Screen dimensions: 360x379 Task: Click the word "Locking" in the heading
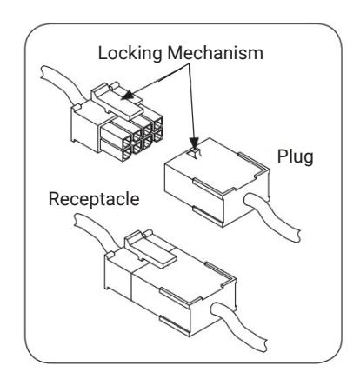click(x=130, y=54)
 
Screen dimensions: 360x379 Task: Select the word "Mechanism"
click(x=216, y=53)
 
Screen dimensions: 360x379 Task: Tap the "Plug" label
click(x=295, y=156)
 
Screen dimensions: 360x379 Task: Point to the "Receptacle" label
click(x=94, y=200)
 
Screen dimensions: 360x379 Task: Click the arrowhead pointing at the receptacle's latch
click(x=128, y=95)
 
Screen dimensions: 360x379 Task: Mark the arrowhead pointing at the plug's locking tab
click(x=194, y=143)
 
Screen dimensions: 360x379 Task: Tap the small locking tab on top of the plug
click(x=195, y=153)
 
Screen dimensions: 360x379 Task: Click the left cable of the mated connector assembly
click(x=94, y=231)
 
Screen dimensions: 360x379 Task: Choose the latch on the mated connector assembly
click(x=150, y=249)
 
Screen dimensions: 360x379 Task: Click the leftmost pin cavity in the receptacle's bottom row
click(x=127, y=156)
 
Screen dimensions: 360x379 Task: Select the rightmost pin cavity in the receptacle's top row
click(x=157, y=123)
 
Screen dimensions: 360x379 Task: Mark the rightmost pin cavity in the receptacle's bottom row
click(x=157, y=135)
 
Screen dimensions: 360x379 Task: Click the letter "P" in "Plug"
click(x=283, y=156)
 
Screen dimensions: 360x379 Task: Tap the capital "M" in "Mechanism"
click(x=175, y=53)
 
